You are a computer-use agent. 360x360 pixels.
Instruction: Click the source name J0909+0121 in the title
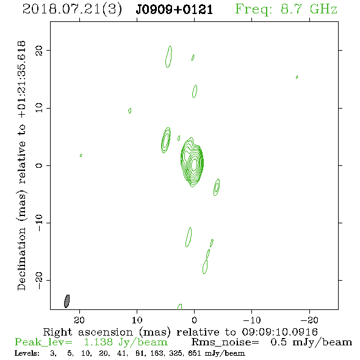click(175, 10)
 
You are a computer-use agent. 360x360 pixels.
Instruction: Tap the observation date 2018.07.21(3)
click(72, 10)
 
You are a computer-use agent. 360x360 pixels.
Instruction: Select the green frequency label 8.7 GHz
click(309, 9)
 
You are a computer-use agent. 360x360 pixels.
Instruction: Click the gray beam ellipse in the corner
click(67, 301)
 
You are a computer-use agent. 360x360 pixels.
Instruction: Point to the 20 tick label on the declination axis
click(39, 51)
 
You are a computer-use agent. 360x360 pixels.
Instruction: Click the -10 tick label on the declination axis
click(39, 223)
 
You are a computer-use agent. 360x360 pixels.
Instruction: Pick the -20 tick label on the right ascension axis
click(309, 320)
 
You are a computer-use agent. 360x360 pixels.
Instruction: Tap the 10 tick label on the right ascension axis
click(137, 320)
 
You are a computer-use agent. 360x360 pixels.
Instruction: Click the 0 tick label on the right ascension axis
click(194, 320)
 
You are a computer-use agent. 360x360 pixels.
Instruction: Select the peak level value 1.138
click(98, 342)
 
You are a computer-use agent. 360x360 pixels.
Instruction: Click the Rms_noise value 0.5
click(279, 342)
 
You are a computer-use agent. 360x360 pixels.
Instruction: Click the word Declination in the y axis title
click(21, 259)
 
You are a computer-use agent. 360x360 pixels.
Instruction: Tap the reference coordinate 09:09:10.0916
click(280, 332)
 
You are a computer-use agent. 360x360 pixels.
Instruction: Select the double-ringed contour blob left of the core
click(166, 140)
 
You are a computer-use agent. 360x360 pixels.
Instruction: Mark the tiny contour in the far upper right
click(297, 77)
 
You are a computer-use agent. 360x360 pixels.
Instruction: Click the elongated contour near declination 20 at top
click(169, 57)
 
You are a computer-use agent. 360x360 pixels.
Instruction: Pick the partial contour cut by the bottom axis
click(179, 307)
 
